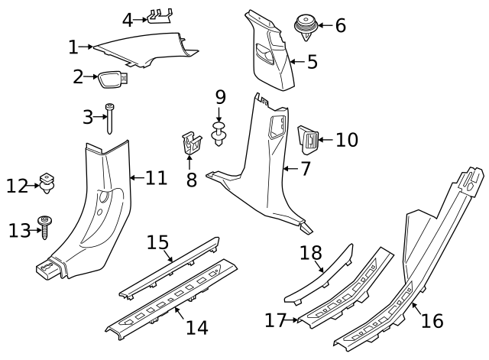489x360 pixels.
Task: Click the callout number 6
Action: pyautogui.click(x=340, y=25)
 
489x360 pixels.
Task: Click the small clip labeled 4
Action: pyautogui.click(x=160, y=16)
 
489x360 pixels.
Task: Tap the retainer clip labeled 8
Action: pyautogui.click(x=192, y=143)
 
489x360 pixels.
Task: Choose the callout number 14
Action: pyautogui.click(x=196, y=327)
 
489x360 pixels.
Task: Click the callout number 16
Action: pyautogui.click(x=432, y=320)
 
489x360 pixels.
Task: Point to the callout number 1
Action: pyautogui.click(x=73, y=47)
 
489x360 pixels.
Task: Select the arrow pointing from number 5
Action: pyautogui.click(x=294, y=62)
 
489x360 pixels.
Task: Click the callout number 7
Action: pyautogui.click(x=305, y=168)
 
